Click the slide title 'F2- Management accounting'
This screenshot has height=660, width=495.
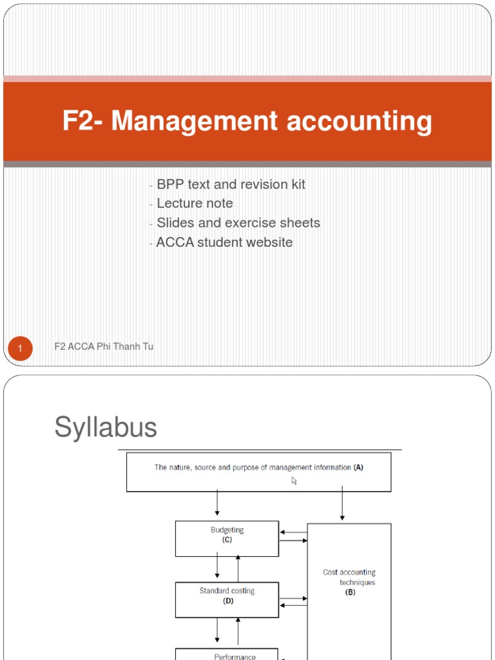coord(247,121)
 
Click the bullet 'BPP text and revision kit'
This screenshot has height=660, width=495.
coord(231,184)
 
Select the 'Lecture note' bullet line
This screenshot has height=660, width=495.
coord(195,204)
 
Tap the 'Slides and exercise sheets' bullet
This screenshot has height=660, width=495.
coord(238,223)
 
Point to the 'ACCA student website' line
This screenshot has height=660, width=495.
coord(224,242)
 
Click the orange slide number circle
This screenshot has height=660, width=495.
coord(20,349)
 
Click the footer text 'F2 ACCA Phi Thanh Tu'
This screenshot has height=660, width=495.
coord(104,347)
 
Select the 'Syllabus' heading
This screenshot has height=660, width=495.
coord(106,427)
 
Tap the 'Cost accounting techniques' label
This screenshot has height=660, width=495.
coord(349,577)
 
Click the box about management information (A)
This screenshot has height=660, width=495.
coord(258,472)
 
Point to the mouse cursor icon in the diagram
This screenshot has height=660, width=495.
coord(295,480)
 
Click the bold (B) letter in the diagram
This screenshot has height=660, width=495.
coord(350,592)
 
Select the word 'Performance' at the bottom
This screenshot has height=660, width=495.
coord(227,657)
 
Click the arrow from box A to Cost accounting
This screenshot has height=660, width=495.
coord(342,506)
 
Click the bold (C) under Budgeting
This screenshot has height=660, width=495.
coord(227,540)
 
